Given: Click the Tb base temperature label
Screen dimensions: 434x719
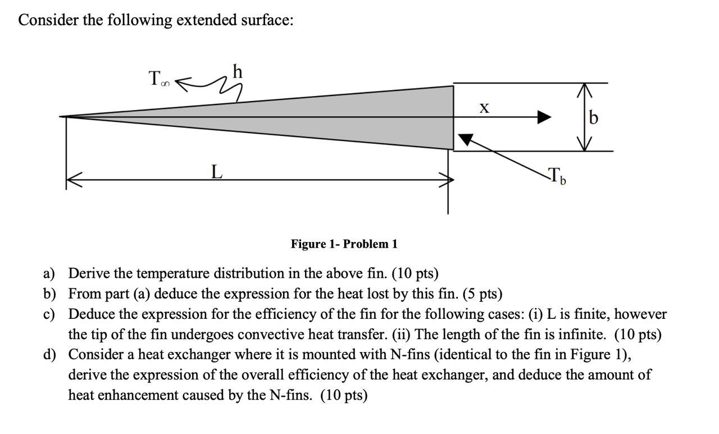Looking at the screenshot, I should coord(557,176).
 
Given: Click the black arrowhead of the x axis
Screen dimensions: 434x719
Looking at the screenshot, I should coord(543,117).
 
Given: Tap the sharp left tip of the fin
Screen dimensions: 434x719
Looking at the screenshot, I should coord(62,117).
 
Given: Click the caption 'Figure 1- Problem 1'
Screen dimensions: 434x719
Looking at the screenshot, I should coord(344,244).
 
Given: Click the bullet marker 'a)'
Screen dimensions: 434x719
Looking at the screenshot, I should coord(49,274).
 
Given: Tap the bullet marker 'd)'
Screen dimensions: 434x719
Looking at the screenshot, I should coord(49,355).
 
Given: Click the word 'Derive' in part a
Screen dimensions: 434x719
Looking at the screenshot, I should coord(89,274).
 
